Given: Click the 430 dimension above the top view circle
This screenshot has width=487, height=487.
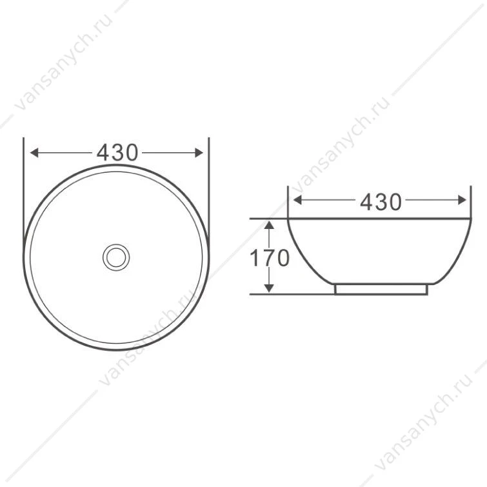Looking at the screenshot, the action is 117,153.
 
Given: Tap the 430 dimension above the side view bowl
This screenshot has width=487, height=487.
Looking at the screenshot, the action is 381,202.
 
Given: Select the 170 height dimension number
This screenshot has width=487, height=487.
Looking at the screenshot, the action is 270,259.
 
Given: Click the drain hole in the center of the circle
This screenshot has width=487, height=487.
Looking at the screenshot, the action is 116,257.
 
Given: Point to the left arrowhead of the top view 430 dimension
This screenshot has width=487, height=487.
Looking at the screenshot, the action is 34,153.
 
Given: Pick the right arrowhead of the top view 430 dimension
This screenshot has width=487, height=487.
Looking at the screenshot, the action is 199,153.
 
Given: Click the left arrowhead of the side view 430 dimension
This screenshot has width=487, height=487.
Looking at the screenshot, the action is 297,201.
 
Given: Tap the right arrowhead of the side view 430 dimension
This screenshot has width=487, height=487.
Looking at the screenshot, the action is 462,201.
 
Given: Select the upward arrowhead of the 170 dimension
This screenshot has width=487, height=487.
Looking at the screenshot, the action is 269,224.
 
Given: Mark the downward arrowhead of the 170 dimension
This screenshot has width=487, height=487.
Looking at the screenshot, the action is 269,288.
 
